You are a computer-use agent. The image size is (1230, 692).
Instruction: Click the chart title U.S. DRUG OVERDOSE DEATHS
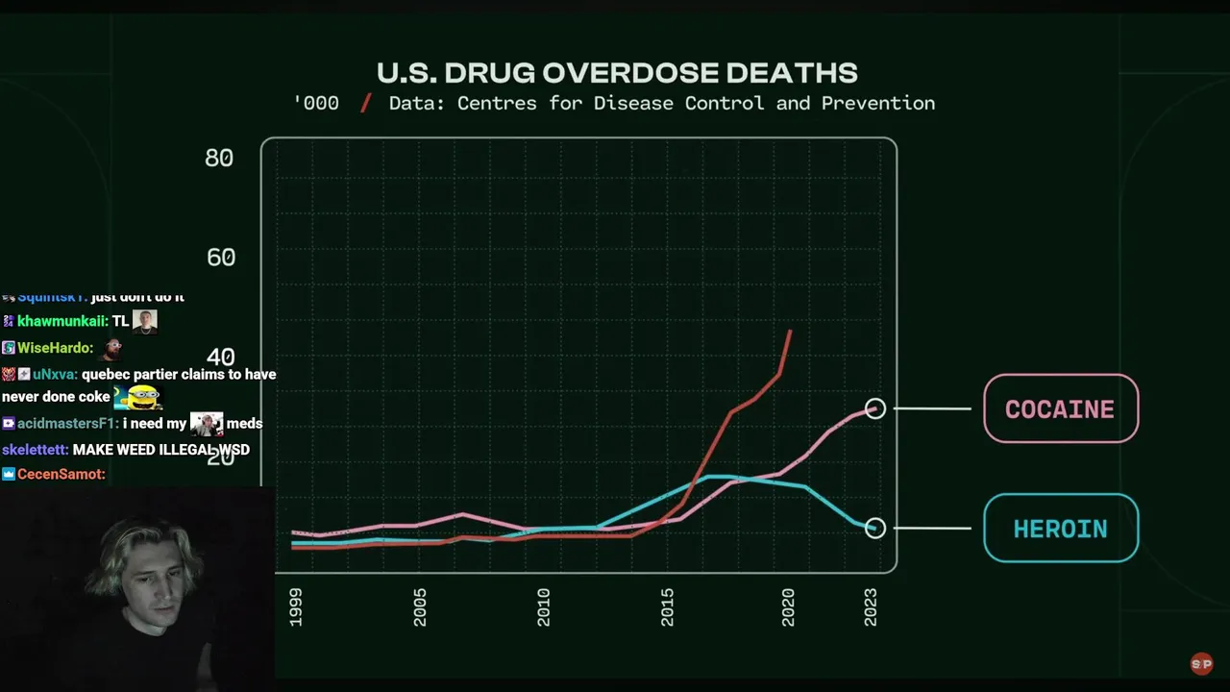tap(617, 73)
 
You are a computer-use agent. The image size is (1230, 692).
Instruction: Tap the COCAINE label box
tap(1060, 408)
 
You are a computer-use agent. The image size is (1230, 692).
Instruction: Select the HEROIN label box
tap(1060, 529)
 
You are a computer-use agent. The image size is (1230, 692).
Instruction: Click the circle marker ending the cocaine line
tap(874, 408)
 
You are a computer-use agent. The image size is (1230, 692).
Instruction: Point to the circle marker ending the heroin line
tap(874, 528)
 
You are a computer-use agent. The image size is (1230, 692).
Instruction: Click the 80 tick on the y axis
tap(219, 158)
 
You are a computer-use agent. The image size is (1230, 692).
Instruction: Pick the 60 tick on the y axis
tap(220, 258)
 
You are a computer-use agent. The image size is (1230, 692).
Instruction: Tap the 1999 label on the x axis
tap(295, 608)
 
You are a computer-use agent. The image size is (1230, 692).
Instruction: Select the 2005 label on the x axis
tap(419, 608)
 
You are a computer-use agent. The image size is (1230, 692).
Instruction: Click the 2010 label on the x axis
tap(543, 608)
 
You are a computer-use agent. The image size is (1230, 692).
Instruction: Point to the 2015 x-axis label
tap(667, 608)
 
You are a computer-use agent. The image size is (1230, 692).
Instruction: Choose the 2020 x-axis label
tap(788, 608)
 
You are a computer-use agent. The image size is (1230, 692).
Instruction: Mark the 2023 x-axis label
tap(871, 608)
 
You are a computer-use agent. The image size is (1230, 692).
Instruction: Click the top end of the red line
tap(790, 332)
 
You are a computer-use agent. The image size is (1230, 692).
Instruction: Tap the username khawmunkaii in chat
tap(61, 322)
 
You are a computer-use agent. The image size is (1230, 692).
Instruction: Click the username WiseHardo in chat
tap(55, 348)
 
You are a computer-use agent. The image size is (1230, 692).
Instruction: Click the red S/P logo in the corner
tap(1201, 664)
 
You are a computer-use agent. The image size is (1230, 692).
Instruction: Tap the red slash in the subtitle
tap(365, 104)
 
